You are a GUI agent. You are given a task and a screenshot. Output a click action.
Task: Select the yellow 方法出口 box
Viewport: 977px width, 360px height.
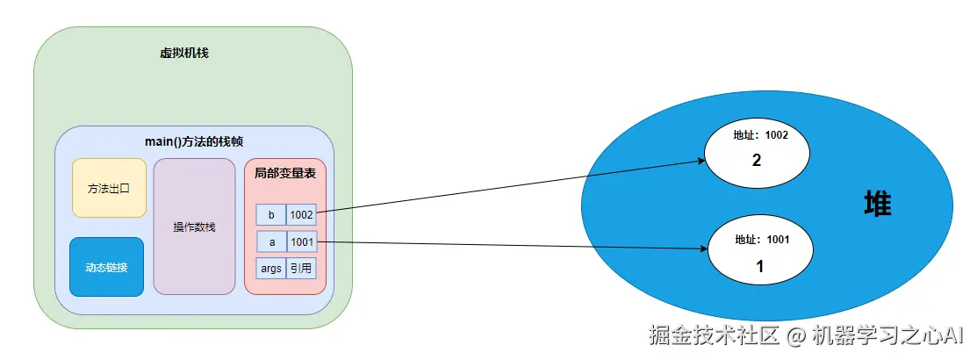(x=109, y=188)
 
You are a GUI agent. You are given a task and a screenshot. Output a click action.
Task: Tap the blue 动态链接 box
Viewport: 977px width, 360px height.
(x=106, y=267)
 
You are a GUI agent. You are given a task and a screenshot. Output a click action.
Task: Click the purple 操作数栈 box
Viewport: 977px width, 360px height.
(x=194, y=227)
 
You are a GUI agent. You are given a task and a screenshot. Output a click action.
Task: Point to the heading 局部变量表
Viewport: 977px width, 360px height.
(x=284, y=174)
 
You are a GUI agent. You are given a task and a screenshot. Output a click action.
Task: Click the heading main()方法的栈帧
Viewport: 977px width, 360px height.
(x=194, y=141)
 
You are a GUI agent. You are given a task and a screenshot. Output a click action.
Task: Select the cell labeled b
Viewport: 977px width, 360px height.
(x=271, y=214)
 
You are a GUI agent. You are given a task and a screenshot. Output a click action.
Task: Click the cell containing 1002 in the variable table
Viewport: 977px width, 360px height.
(x=301, y=214)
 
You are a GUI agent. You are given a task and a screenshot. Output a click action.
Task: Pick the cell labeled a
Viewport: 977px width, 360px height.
(x=271, y=241)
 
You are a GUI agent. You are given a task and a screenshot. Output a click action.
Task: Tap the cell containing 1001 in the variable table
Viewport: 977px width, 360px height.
(x=301, y=241)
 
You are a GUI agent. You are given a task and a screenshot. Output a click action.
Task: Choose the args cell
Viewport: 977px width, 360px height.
(x=271, y=269)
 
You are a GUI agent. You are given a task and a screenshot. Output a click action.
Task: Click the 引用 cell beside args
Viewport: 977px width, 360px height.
(x=301, y=269)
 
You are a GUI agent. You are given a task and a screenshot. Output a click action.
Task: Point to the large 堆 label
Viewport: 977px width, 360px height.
(x=877, y=205)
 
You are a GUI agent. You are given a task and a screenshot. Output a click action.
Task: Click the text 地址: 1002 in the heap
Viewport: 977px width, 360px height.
(x=760, y=136)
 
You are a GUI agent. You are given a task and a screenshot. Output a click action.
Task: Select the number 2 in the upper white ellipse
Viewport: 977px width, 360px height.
(x=756, y=161)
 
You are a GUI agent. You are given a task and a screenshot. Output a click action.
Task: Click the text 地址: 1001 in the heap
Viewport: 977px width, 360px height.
(x=760, y=239)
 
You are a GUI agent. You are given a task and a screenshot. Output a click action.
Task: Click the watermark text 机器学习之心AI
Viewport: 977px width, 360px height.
(x=887, y=335)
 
